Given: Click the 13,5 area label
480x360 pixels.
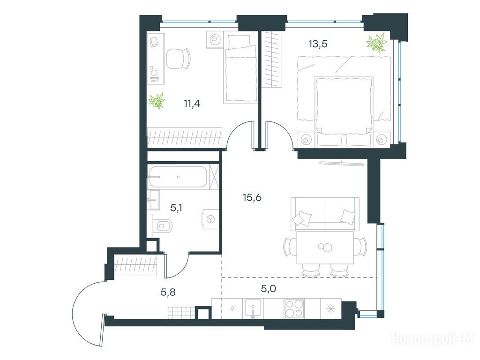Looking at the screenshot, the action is [x=318, y=45].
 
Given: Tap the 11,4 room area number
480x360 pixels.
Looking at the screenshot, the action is [x=192, y=104].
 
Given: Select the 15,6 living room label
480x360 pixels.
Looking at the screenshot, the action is [x=252, y=198].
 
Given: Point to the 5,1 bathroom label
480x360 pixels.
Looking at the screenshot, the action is [x=176, y=208].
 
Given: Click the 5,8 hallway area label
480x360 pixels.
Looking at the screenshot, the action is [x=168, y=292].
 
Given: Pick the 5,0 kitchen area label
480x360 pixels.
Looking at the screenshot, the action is [x=269, y=288].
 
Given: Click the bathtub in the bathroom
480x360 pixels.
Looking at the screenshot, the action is [x=178, y=177].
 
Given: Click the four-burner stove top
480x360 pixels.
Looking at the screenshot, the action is [x=294, y=308].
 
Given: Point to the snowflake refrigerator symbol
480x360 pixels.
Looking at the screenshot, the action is [x=330, y=309].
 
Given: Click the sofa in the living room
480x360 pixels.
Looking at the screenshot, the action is [x=325, y=214].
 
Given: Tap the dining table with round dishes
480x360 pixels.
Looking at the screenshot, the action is [x=325, y=247].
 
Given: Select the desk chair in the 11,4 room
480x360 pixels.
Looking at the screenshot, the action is [x=178, y=59].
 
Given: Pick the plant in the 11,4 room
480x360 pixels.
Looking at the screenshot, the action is [x=157, y=101].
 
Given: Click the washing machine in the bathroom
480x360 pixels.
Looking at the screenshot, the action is [x=210, y=219].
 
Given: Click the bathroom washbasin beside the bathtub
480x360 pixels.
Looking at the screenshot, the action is [x=153, y=200].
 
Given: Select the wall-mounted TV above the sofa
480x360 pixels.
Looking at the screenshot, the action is [x=342, y=164].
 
